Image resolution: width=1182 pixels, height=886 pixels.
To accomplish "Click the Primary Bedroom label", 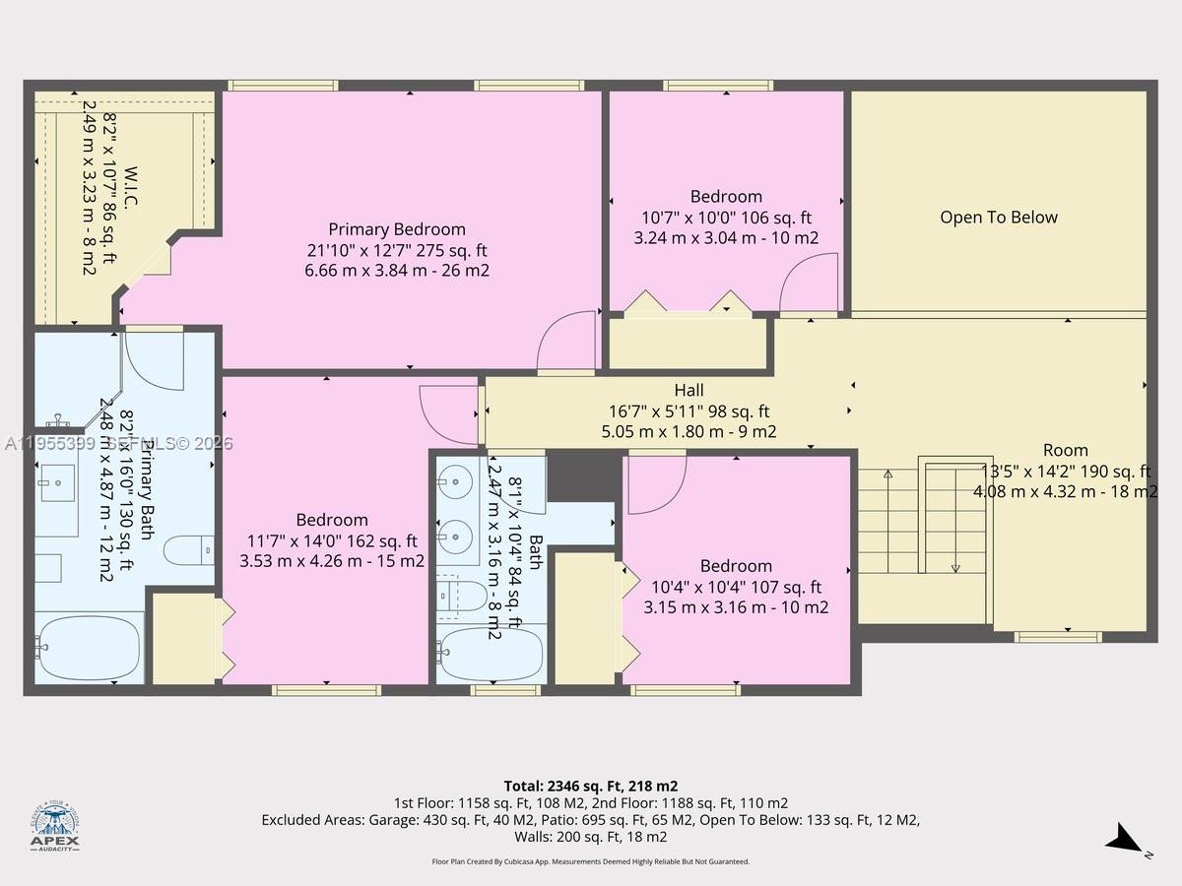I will tap(397, 229).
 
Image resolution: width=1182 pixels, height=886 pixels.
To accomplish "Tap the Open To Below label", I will tap(998, 218).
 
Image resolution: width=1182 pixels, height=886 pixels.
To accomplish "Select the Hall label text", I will tap(689, 391).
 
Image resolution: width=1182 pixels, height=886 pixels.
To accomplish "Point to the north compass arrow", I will tap(1123, 841).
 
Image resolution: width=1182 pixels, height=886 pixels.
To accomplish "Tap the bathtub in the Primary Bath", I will tap(89, 647).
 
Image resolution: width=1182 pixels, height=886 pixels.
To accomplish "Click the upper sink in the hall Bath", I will tap(455, 483).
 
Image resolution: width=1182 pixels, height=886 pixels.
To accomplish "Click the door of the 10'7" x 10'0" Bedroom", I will tap(810, 282).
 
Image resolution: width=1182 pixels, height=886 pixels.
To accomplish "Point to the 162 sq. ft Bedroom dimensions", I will tap(332, 540).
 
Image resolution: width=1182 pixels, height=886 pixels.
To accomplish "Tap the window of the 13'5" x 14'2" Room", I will tap(1058, 637).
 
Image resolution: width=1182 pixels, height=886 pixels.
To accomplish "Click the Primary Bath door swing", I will tap(155, 361).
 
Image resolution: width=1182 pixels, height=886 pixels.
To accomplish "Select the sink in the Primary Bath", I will tap(56, 482).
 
